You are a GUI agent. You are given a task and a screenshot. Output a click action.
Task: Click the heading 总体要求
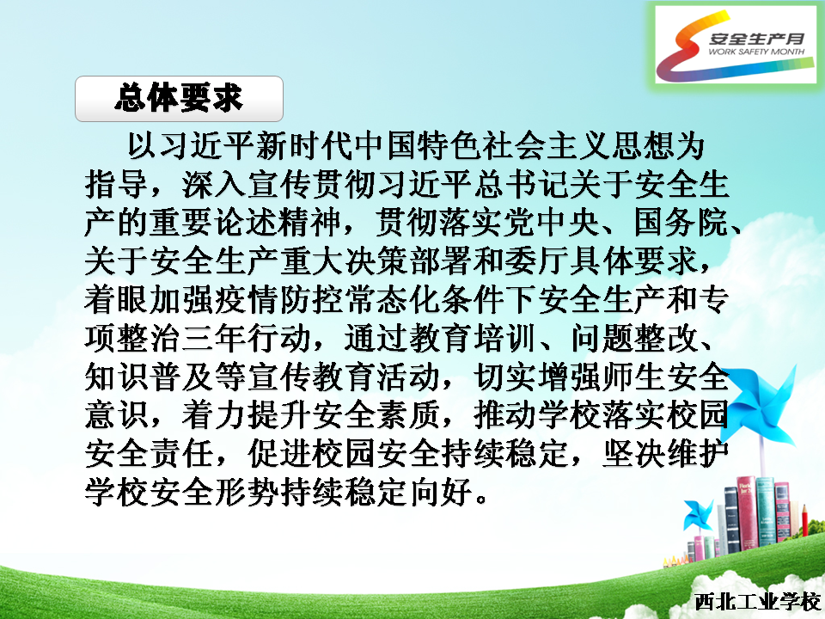coord(179,98)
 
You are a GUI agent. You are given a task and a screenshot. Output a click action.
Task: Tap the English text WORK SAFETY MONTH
coord(756,52)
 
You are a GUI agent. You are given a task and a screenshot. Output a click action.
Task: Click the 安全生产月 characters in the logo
coord(757,38)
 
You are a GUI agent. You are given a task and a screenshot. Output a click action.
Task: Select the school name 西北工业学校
coord(758,602)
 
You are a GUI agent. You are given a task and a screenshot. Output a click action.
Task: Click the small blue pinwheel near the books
coord(698,515)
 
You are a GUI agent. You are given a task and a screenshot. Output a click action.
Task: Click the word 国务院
coord(681,222)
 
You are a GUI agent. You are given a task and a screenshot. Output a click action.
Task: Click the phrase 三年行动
coord(247,338)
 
